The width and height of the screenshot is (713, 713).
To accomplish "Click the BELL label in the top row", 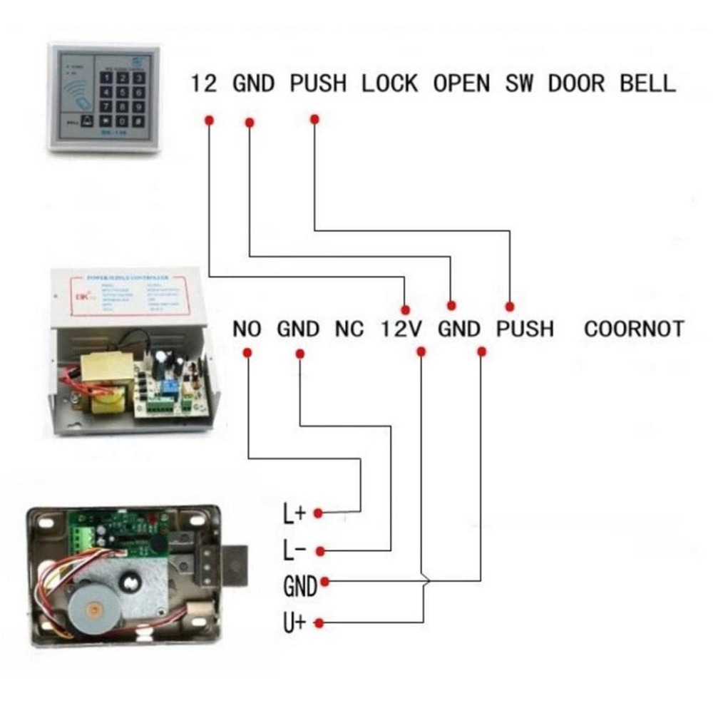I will coord(647,83).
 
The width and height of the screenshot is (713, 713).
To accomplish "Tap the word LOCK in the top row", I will coord(389,83).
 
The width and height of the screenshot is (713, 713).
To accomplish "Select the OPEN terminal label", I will coord(462,83).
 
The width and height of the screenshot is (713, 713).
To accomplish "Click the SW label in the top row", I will coord(520,83).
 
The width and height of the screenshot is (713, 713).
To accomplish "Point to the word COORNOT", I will coord(633,329).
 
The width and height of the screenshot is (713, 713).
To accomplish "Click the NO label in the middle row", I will coord(247,329).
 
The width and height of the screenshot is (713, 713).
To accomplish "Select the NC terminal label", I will coord(349,329).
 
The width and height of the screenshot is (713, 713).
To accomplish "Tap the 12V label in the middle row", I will coord(401,329).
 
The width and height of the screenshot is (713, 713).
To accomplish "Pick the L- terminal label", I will coord(294,550).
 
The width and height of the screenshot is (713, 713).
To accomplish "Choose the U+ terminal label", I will coord(294,622).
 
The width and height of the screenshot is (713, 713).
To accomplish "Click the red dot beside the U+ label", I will coord(319,623).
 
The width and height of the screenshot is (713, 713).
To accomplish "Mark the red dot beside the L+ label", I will coord(319,513).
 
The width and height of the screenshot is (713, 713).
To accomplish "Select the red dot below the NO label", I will coord(247,353).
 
